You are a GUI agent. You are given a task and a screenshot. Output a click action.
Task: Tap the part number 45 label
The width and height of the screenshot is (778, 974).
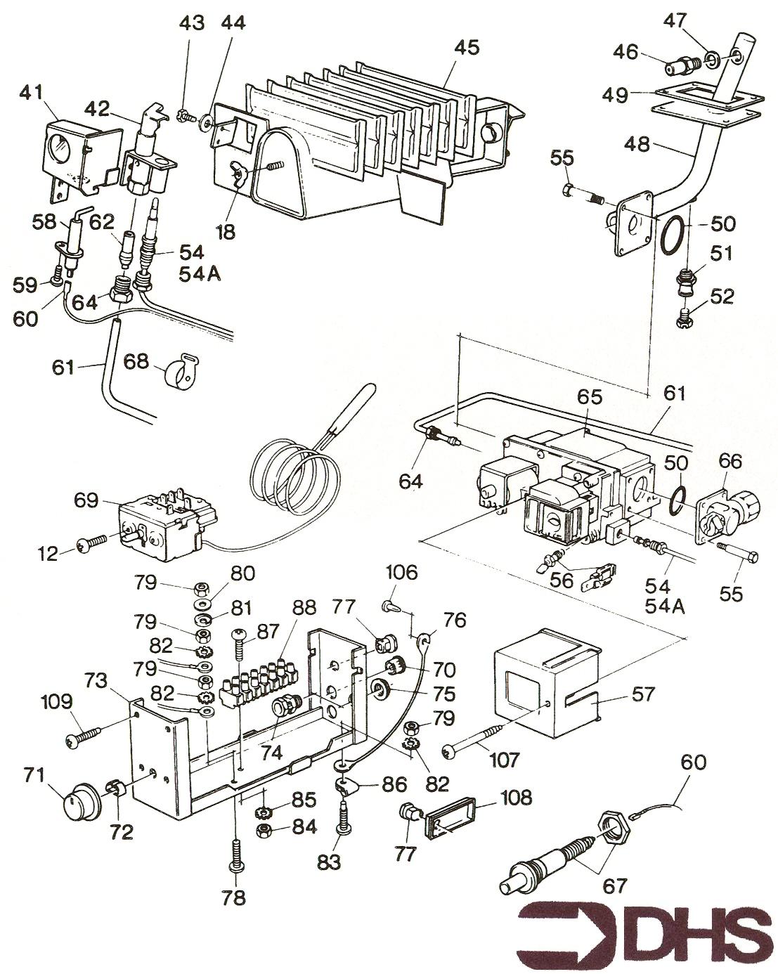pyautogui.click(x=466, y=48)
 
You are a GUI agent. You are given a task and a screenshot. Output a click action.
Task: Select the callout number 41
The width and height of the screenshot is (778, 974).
pyautogui.click(x=31, y=92)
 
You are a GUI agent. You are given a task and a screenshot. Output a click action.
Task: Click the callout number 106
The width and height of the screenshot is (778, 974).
pyautogui.click(x=401, y=573)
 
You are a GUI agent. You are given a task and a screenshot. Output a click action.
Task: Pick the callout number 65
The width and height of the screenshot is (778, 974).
pyautogui.click(x=590, y=397)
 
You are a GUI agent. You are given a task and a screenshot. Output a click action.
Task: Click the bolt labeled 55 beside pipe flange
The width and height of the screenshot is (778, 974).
pyautogui.click(x=581, y=192)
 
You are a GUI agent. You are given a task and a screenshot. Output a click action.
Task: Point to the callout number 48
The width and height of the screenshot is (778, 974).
pyautogui.click(x=638, y=143)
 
